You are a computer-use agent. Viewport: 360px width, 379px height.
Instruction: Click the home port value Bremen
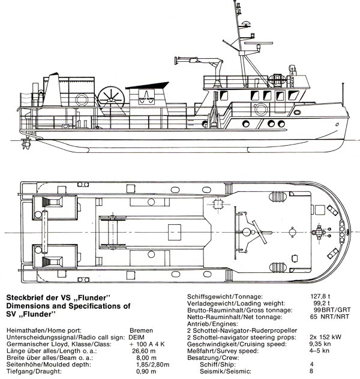pos(141,330)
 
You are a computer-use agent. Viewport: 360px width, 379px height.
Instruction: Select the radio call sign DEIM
pos(137,337)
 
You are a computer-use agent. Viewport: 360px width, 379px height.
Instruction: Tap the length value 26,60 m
pos(144,351)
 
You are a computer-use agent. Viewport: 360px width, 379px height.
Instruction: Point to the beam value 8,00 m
pos(146,358)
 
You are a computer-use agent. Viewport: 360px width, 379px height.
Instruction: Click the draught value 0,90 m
pos(146,371)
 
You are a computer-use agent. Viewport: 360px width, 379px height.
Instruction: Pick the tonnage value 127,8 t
pos(320,296)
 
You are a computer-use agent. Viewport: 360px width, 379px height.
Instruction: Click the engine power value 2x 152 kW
pos(325,337)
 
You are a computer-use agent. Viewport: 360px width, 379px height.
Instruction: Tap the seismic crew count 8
pos(311,371)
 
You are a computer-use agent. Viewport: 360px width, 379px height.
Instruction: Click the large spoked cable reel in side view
pos(111,98)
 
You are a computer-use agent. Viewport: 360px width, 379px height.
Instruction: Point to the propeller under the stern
pos(26,143)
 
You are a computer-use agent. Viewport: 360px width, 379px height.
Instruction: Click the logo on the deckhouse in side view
pos(146,97)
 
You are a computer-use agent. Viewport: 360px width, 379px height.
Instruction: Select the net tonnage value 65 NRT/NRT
pos(329,317)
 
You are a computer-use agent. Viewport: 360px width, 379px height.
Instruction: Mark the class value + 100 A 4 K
pos(147,344)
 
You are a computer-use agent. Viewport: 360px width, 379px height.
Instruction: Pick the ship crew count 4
pos(312,364)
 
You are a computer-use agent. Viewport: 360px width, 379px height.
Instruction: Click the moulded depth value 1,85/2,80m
pos(153,365)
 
